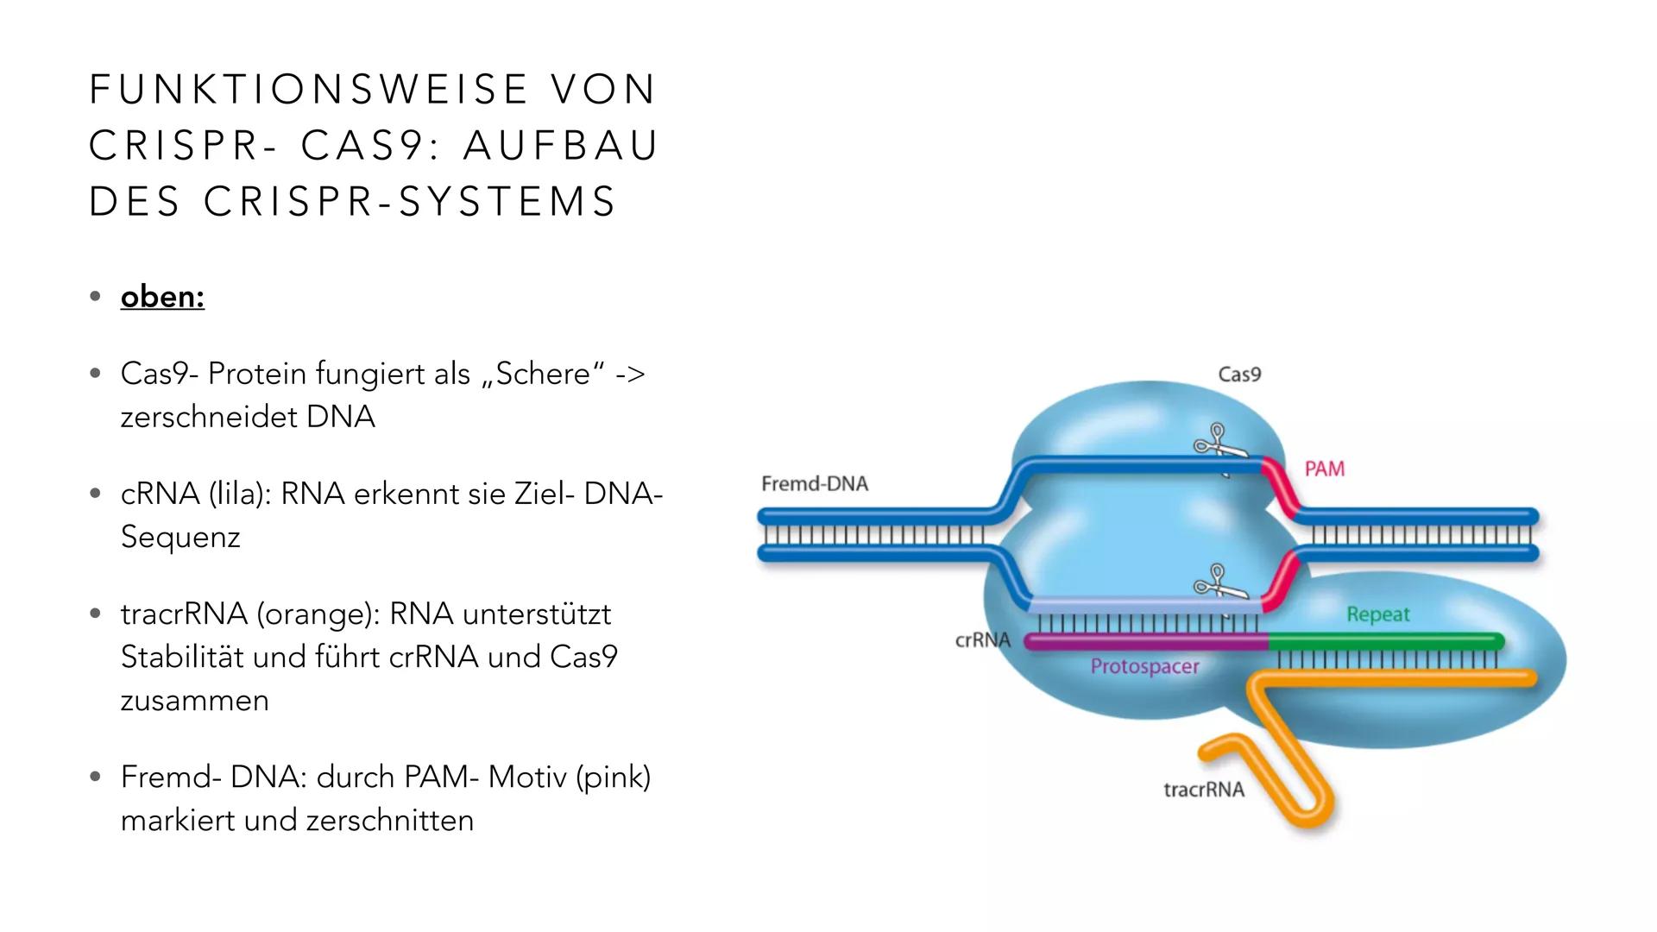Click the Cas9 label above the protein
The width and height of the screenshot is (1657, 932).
coord(1239,375)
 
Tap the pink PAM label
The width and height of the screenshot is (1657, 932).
coord(1324,469)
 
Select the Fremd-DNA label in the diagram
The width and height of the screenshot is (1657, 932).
coord(814,484)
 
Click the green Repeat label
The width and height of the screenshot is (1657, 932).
coord(1377,614)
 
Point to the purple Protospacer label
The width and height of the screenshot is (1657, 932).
coord(1144,666)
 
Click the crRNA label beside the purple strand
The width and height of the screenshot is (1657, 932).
coord(982,640)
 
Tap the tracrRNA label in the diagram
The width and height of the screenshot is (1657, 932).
coord(1203,790)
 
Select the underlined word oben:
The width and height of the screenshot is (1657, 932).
coord(162,297)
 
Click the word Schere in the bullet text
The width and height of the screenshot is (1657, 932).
coord(542,375)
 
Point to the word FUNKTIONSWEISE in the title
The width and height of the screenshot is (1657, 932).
coord(309,90)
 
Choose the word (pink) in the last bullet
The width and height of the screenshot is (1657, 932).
coord(613,778)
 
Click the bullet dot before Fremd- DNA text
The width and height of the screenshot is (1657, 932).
coord(95,778)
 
